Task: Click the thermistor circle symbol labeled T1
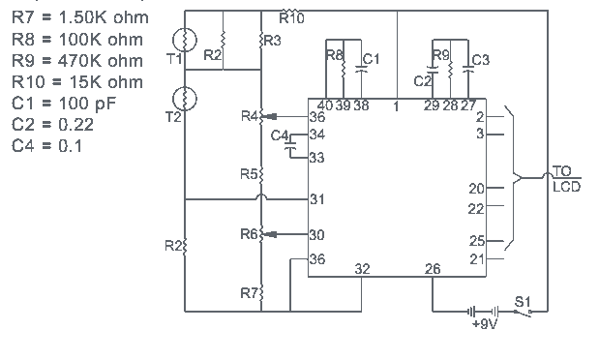tap(185, 40)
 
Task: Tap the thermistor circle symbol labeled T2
tap(185, 99)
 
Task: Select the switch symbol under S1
tap(523, 313)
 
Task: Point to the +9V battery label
tap(485, 323)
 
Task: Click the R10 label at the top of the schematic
tap(291, 17)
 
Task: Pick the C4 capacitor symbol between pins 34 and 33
tap(291, 145)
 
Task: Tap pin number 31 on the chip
tap(317, 199)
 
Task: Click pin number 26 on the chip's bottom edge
tap(433, 269)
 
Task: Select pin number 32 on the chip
tap(362, 269)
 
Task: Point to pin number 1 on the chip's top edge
tap(396, 106)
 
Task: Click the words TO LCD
tap(566, 179)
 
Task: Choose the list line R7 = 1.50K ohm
tap(80, 18)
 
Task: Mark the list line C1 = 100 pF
tap(64, 104)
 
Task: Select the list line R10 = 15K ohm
tap(77, 82)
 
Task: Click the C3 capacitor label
tap(481, 60)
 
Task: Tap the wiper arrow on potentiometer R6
tap(270, 234)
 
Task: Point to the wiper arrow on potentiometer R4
tap(270, 116)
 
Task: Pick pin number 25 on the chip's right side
tap(477, 241)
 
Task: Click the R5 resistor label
tap(249, 174)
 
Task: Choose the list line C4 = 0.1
tap(47, 146)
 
